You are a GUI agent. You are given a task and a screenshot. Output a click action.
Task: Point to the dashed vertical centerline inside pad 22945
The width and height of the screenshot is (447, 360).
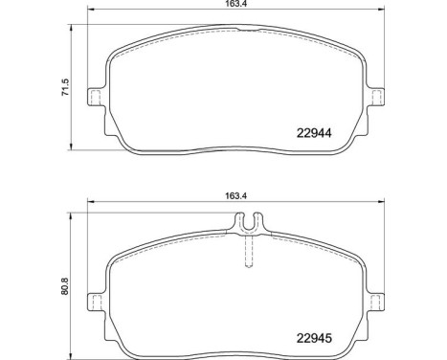[250, 255]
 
